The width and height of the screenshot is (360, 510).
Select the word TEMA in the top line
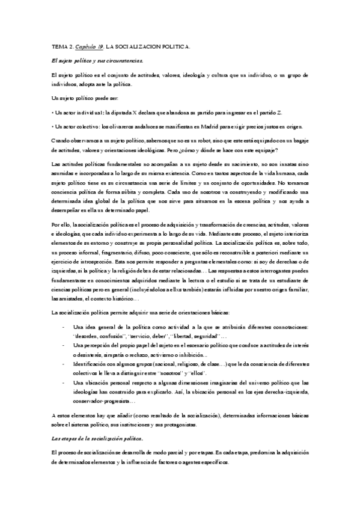pos(59,47)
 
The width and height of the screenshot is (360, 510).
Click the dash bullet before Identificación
pos(65,364)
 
